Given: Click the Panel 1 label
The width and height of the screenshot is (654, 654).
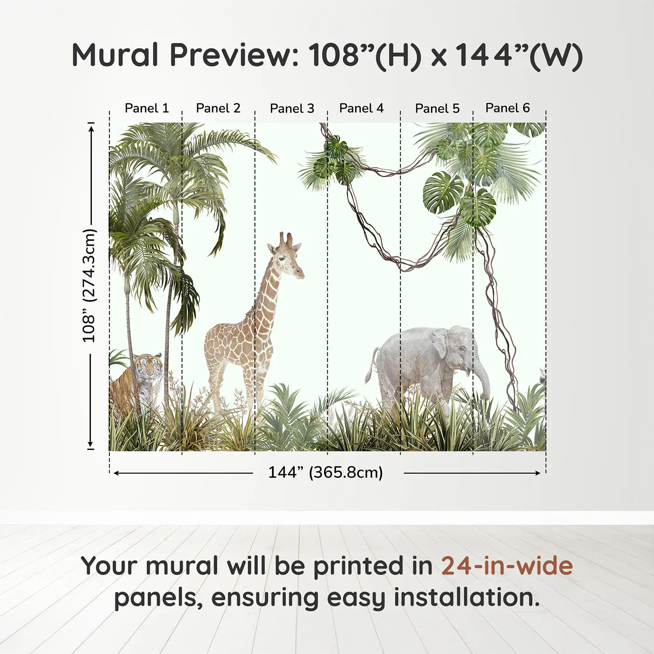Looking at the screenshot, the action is (x=147, y=108).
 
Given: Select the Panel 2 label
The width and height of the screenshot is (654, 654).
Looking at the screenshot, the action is (x=218, y=108).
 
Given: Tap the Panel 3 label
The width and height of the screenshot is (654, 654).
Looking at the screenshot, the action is (x=292, y=108).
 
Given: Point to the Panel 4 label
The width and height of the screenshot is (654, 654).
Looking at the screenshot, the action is (x=362, y=108).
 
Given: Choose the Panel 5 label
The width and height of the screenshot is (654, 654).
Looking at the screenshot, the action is (x=437, y=108).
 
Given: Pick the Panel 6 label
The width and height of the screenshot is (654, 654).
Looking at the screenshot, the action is (x=507, y=107).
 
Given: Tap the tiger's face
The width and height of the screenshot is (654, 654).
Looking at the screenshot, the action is (x=147, y=368).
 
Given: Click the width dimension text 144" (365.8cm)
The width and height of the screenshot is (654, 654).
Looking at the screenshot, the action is (x=326, y=472).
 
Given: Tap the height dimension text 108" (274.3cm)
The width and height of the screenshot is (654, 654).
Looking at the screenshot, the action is (x=90, y=285).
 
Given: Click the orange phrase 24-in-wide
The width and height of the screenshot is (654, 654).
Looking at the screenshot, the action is (x=507, y=565).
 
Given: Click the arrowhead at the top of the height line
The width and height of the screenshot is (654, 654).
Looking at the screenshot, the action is (x=91, y=129).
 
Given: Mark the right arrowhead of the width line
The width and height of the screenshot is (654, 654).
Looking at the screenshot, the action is (x=537, y=473).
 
